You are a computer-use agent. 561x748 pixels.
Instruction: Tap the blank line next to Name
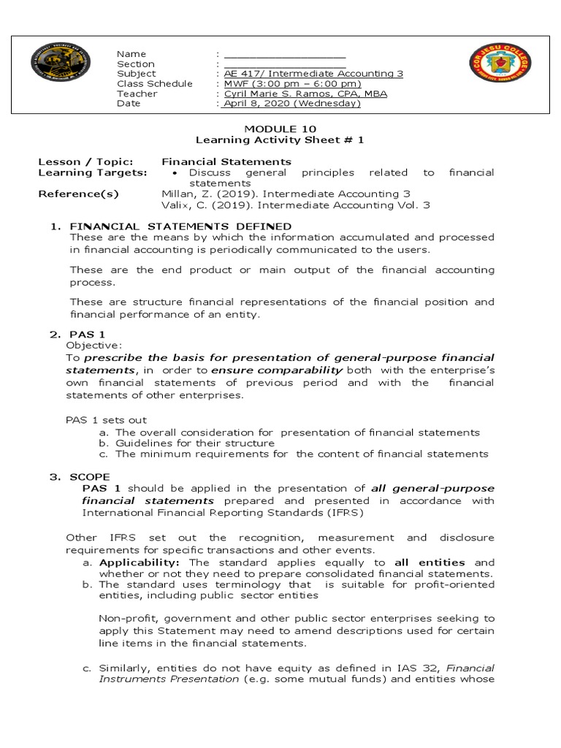(x=284, y=55)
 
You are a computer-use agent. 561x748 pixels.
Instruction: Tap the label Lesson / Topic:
(x=85, y=161)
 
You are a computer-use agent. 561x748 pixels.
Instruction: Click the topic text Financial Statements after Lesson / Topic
(x=226, y=161)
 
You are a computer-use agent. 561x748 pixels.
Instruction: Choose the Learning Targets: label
(x=92, y=172)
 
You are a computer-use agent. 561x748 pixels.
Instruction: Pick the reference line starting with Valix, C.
(x=295, y=205)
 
